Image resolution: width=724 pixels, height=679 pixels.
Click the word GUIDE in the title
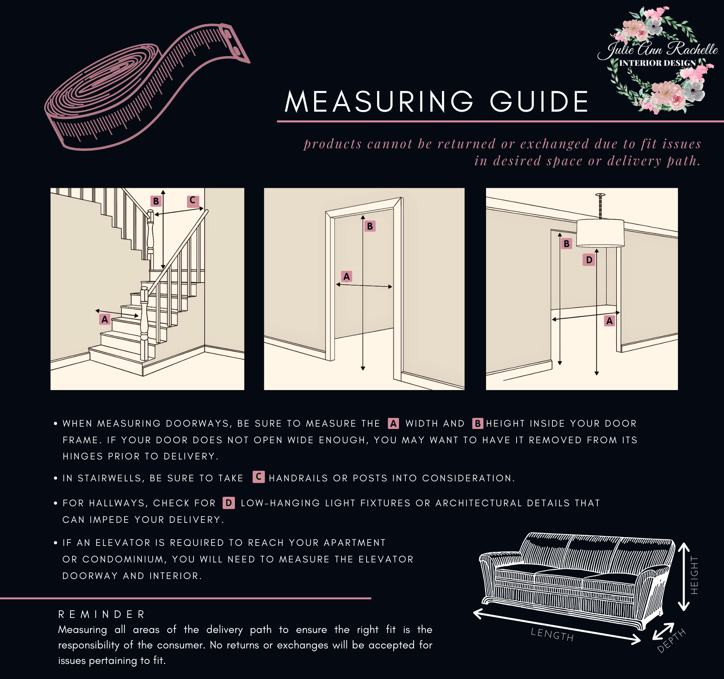539,102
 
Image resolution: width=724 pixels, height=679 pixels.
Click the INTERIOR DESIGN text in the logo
657,63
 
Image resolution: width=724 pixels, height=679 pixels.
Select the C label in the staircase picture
193,200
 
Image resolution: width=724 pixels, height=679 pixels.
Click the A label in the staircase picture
105,320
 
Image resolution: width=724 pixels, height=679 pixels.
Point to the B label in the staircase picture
156,201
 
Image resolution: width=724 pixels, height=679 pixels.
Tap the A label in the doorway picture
347,277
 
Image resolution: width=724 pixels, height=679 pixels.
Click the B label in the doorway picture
370,226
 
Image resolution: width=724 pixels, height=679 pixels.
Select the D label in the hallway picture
589,260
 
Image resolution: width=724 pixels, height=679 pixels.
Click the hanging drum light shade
600,233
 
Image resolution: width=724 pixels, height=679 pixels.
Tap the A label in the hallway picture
609,321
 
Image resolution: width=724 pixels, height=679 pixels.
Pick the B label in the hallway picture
566,244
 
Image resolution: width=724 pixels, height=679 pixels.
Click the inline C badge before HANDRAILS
259,477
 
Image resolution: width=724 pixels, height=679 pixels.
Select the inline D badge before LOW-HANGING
229,503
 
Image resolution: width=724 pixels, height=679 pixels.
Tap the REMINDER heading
101,614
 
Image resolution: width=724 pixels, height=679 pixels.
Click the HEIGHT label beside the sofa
694,575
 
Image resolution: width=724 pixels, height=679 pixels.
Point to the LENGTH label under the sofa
552,634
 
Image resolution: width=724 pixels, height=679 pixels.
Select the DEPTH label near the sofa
671,641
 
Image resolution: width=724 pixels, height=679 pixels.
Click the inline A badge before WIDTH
393,423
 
